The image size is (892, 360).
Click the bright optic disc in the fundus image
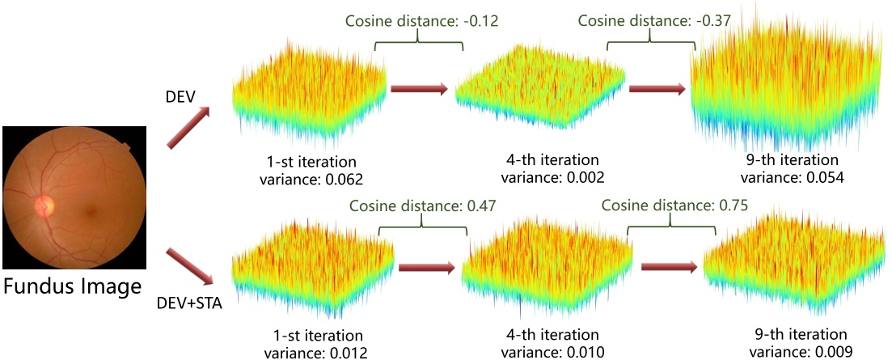point(42,207)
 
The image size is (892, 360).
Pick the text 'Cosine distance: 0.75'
point(674,206)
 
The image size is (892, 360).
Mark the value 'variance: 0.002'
point(553,176)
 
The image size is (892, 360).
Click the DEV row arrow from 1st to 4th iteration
point(419,90)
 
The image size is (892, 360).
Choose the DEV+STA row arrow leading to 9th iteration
point(668,268)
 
